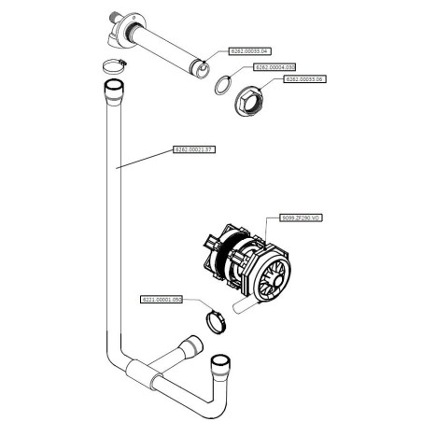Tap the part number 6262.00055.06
point(304,80)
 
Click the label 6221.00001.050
point(162,300)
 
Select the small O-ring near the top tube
point(222,84)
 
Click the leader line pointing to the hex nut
point(272,87)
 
